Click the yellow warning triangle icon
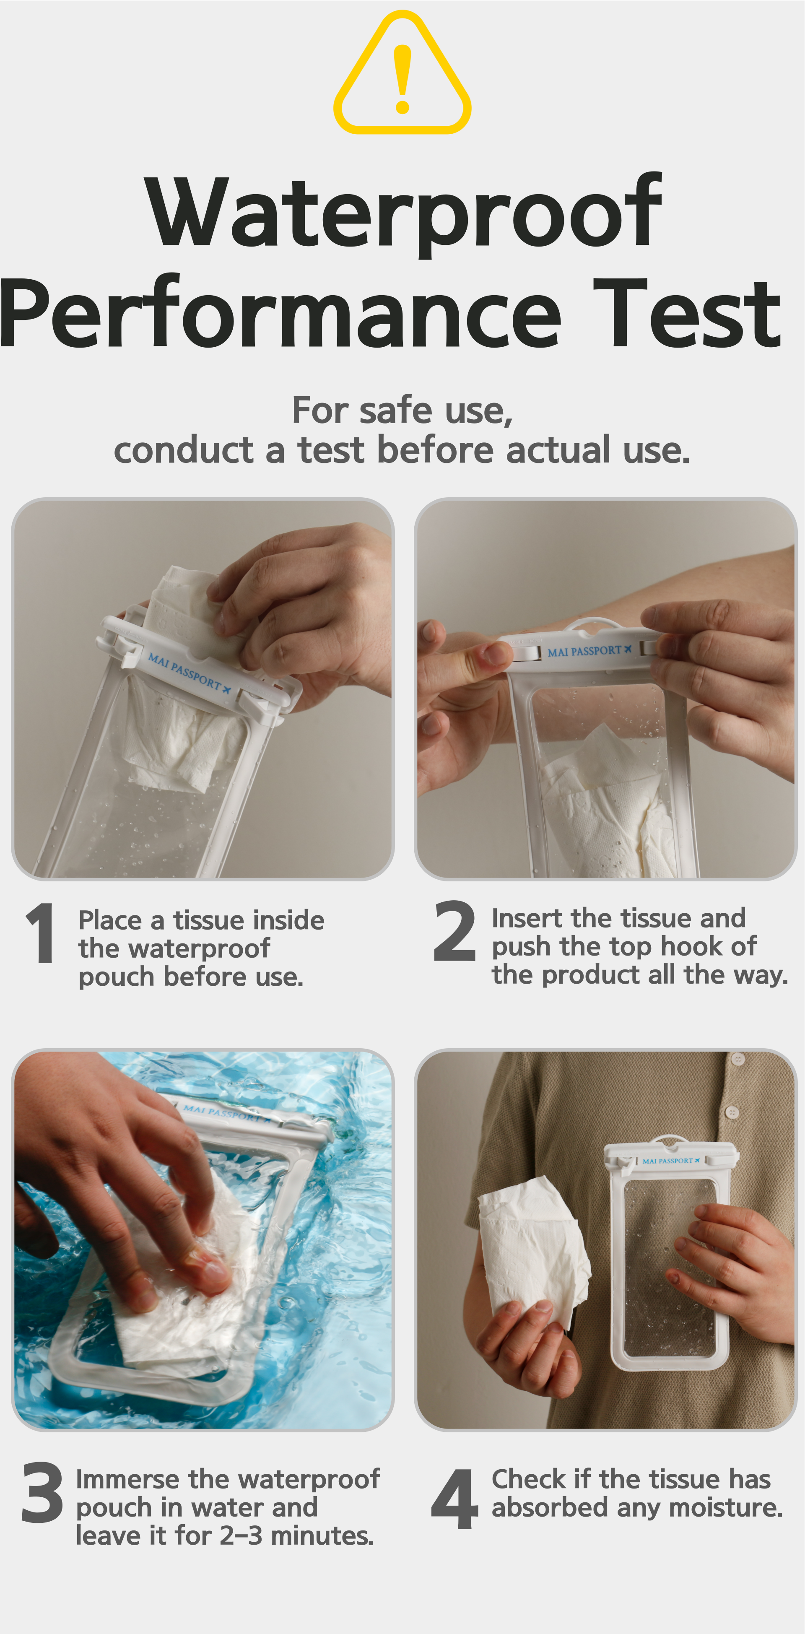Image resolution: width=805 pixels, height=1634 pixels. click(402, 73)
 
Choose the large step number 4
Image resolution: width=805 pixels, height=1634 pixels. click(454, 1499)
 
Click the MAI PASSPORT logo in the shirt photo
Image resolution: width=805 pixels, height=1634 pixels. click(670, 1161)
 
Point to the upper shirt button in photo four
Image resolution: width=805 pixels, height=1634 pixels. click(737, 1059)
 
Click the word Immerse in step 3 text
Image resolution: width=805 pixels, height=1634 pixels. click(128, 1479)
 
